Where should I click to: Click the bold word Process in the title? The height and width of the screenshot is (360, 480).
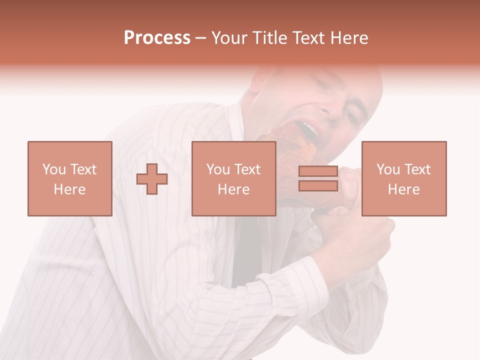157,38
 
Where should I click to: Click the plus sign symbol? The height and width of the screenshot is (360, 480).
152,179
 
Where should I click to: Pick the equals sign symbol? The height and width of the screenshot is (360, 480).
318,179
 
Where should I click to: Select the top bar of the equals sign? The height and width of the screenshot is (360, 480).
318,171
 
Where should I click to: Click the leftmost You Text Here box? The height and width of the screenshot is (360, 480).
69,178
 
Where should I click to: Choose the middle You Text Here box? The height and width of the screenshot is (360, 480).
233,178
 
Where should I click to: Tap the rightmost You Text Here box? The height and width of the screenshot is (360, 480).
403,178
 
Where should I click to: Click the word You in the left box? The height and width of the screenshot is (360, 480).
53,169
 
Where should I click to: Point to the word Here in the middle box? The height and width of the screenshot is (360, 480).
233,189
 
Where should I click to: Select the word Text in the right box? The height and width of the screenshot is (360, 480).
417,169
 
